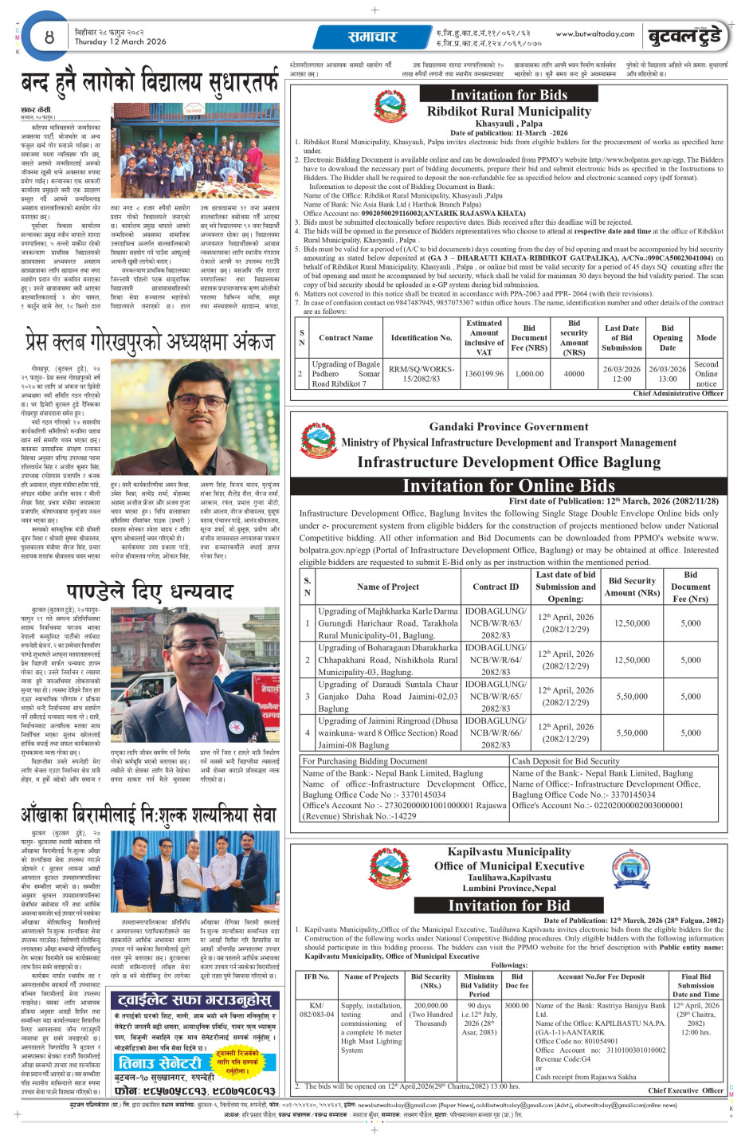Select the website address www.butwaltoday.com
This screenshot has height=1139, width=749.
click(594, 34)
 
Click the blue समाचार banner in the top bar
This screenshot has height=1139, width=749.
click(371, 37)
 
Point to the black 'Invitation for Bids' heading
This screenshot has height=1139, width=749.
click(508, 95)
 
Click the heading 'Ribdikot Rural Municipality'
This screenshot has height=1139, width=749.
click(508, 112)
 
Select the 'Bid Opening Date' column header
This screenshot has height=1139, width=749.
click(667, 337)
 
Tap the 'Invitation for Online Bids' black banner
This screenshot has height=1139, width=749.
click(508, 485)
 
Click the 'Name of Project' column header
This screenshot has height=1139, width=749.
click(387, 587)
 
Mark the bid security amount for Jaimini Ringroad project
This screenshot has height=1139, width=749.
click(632, 732)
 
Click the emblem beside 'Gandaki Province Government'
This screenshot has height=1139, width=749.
click(316, 441)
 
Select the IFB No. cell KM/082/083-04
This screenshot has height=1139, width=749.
click(316, 1010)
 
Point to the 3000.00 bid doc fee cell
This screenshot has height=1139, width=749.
click(516, 1005)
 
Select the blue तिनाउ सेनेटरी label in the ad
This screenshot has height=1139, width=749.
click(161, 1063)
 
